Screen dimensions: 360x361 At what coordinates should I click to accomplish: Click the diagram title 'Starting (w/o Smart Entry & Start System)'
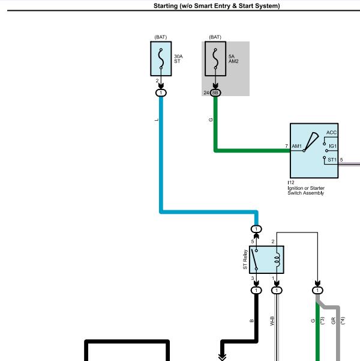[x=217, y=6]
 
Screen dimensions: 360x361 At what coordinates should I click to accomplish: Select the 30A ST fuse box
[x=161, y=59]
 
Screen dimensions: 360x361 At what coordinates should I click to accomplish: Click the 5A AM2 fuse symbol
[x=215, y=59]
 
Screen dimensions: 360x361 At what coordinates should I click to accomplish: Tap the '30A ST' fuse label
[x=178, y=59]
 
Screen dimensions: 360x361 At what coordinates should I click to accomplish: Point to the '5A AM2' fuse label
[x=233, y=59]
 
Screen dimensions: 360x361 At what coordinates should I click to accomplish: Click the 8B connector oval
[x=215, y=93]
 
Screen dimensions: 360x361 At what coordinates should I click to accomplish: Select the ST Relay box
[x=266, y=259]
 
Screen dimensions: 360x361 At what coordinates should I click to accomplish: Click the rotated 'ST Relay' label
[x=245, y=259]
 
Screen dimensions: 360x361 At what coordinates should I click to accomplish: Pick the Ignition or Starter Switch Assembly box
[x=314, y=151]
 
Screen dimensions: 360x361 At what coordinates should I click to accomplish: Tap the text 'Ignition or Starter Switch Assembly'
[x=306, y=190]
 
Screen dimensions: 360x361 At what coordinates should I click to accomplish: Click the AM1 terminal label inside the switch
[x=296, y=146]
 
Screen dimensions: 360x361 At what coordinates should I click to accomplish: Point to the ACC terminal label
[x=331, y=132]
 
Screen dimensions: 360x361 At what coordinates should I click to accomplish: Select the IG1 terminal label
[x=332, y=146]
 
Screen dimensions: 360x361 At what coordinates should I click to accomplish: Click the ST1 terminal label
[x=332, y=160]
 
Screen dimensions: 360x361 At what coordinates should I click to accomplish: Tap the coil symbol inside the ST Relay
[x=278, y=259]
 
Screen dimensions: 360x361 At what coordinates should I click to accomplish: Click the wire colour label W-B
[x=272, y=321]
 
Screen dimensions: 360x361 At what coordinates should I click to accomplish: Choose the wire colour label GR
[x=334, y=321]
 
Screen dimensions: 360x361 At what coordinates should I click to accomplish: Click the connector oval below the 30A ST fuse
[x=161, y=93]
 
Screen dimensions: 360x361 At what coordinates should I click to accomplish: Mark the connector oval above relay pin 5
[x=256, y=229]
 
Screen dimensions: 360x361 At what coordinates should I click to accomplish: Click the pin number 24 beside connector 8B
[x=206, y=93]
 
